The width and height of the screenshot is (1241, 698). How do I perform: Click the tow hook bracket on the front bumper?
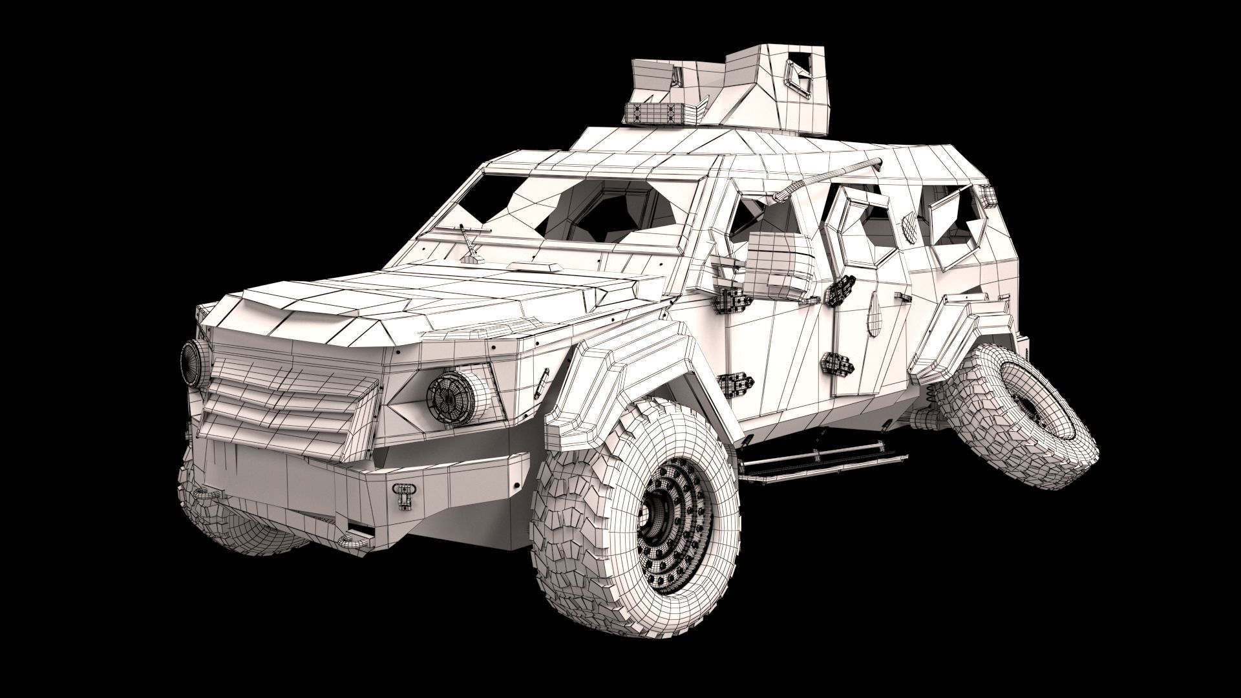click(x=404, y=495)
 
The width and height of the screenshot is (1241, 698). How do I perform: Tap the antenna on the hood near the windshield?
click(x=469, y=242)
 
